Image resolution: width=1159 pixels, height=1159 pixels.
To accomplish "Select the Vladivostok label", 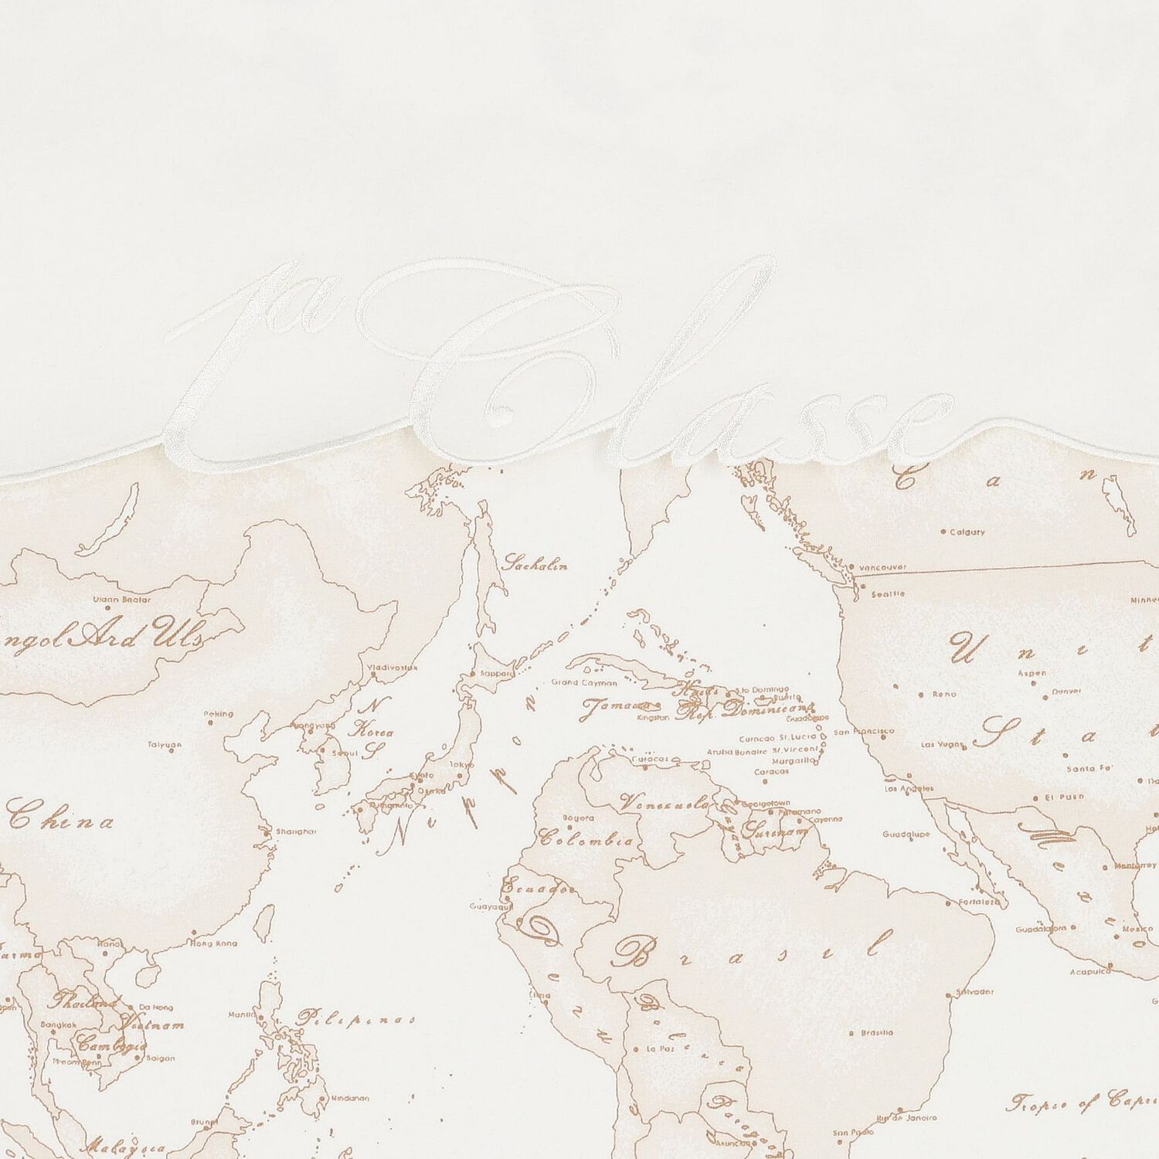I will [395, 666].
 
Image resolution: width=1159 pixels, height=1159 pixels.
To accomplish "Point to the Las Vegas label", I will [943, 746].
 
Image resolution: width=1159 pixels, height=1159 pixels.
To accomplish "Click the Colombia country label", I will [586, 839].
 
